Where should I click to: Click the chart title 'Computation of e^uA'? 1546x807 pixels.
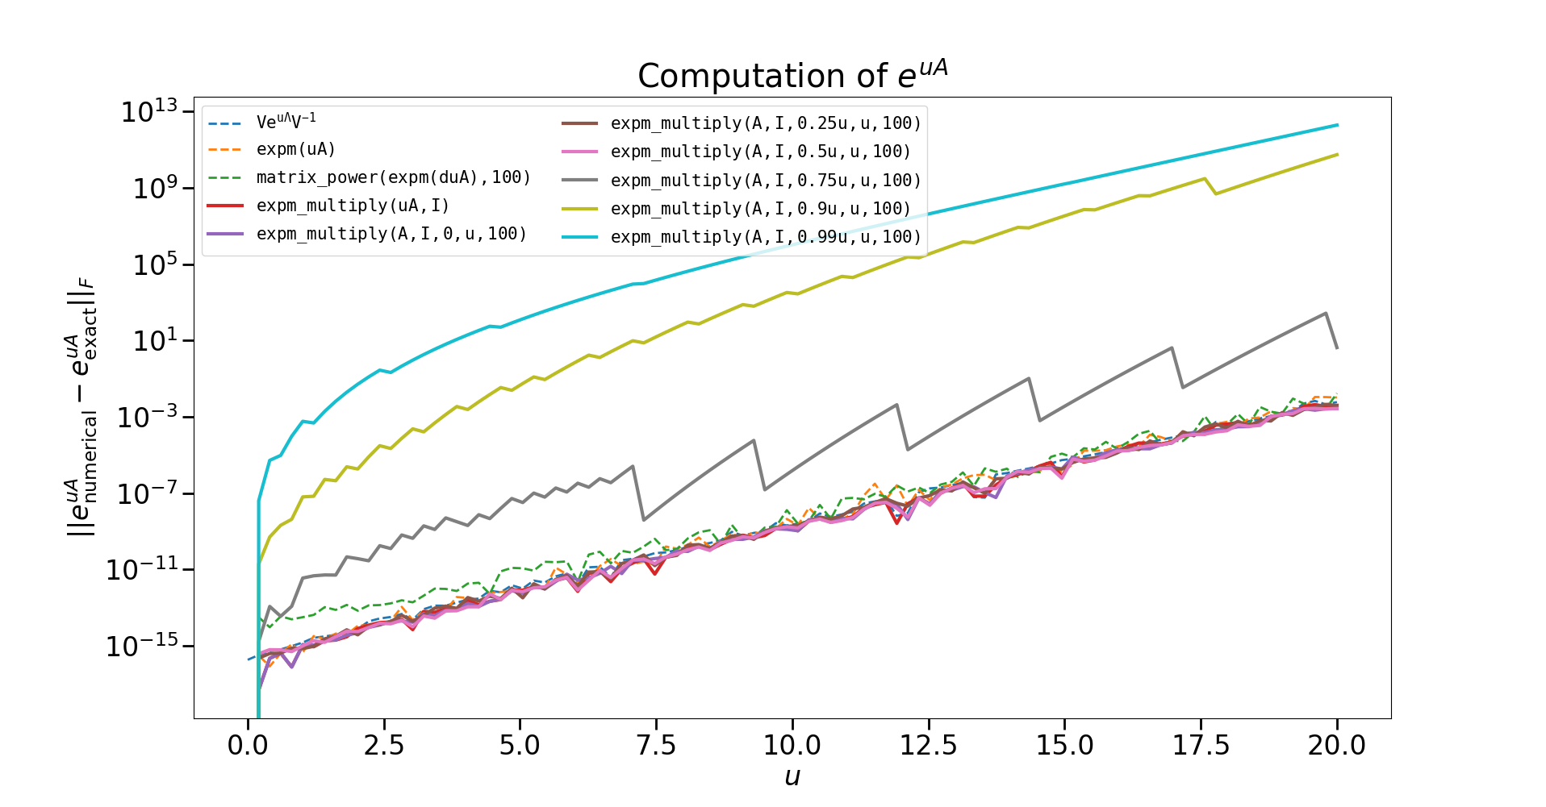coord(792,76)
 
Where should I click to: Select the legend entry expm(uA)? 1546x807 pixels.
coord(295,149)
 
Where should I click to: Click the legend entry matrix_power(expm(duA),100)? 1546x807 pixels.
coord(393,177)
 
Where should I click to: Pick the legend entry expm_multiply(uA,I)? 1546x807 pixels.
coord(353,206)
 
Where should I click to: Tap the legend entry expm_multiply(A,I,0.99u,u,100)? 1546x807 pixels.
coord(765,237)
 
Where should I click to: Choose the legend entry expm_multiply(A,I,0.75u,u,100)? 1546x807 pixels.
coord(765,181)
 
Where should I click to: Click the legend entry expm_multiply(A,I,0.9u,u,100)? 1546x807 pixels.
coord(760,209)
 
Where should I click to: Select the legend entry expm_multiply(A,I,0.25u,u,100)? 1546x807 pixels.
coord(765,123)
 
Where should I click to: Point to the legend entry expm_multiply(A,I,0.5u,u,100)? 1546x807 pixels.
coord(760,152)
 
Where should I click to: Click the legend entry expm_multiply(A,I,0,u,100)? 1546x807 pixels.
coord(391,234)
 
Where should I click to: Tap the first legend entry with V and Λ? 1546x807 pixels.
coord(286,122)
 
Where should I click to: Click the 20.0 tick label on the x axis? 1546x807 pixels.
coord(1336,745)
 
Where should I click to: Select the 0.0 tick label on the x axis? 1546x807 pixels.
coord(248,745)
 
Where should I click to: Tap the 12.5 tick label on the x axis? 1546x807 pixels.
coord(928,745)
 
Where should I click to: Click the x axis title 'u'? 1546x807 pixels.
coord(792,777)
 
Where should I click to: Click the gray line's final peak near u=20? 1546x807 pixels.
coord(1325,313)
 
